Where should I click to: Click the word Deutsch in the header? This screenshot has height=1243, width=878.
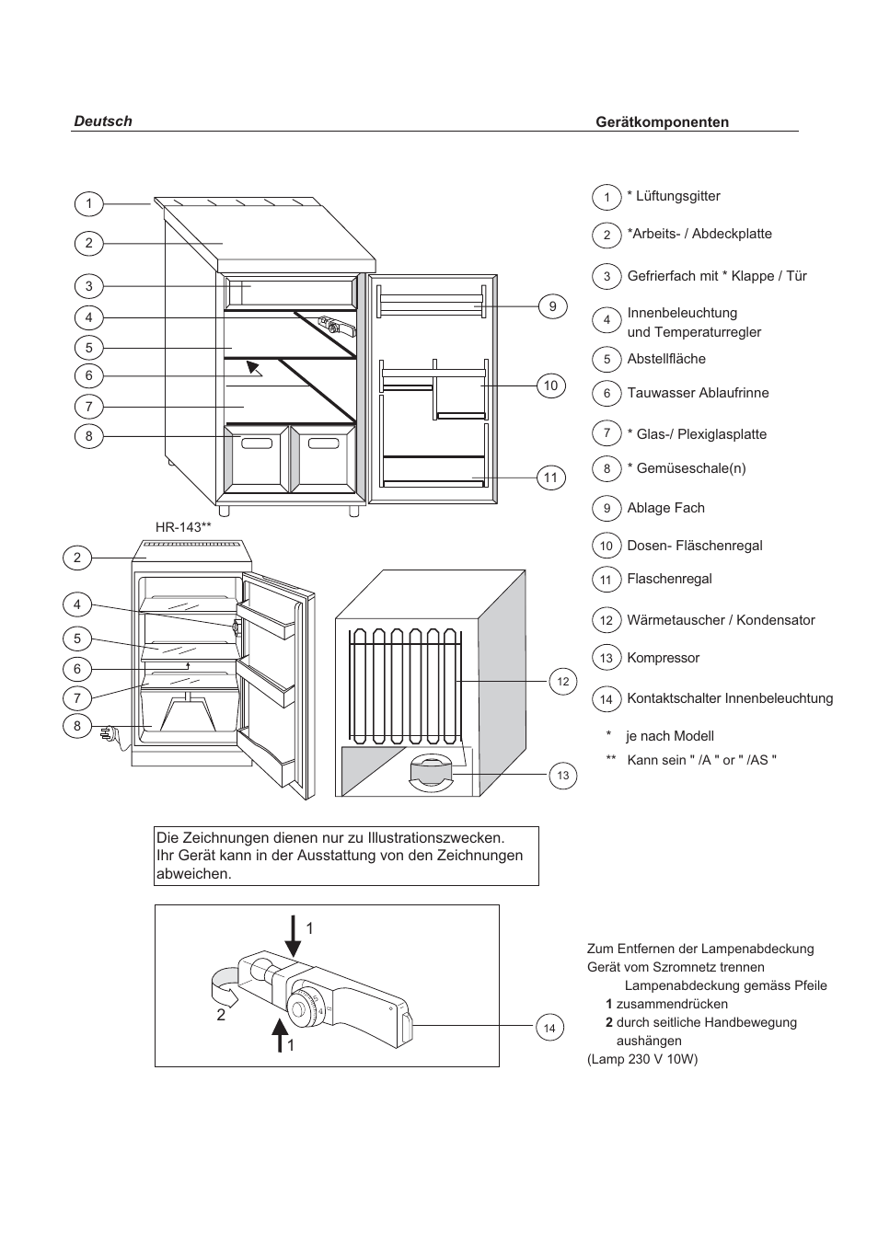pyautogui.click(x=103, y=121)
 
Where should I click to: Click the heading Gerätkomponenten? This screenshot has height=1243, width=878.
pyautogui.click(x=662, y=122)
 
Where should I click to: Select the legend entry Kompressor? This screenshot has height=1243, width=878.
pyautogui.click(x=663, y=658)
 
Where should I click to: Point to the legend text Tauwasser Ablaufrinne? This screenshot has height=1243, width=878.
pyautogui.click(x=698, y=393)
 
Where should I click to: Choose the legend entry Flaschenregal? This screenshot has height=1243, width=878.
pyautogui.click(x=669, y=579)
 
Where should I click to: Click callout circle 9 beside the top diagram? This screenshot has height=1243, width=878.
pyautogui.click(x=552, y=306)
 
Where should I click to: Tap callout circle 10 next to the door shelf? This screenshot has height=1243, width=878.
pyautogui.click(x=550, y=386)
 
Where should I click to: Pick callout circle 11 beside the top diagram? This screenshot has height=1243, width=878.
pyautogui.click(x=550, y=477)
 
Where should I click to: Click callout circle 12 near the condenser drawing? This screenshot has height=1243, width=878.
pyautogui.click(x=563, y=682)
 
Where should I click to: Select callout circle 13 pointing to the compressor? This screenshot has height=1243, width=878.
pyautogui.click(x=563, y=776)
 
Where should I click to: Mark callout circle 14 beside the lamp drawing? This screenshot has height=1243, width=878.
pyautogui.click(x=549, y=1028)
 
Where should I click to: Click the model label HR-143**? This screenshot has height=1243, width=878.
pyautogui.click(x=183, y=527)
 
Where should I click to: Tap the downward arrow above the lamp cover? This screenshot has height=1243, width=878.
pyautogui.click(x=293, y=936)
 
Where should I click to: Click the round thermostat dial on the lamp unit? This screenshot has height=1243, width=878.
pyautogui.click(x=304, y=1008)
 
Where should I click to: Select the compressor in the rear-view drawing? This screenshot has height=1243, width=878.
pyautogui.click(x=428, y=771)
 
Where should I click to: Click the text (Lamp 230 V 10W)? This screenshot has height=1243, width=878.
pyautogui.click(x=642, y=1059)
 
